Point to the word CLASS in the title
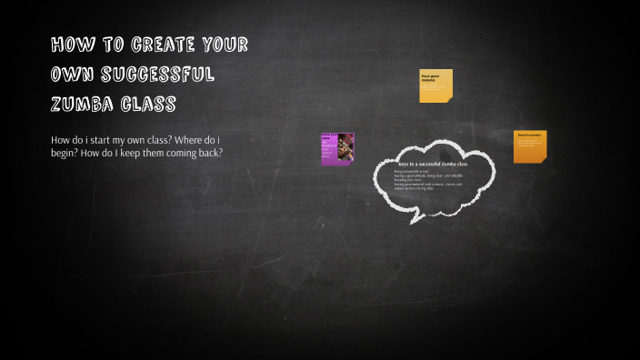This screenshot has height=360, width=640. [x=148, y=105]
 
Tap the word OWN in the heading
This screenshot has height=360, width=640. [x=69, y=75]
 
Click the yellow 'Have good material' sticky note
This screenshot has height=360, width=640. [x=435, y=85]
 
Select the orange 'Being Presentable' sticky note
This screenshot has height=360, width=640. [x=530, y=146]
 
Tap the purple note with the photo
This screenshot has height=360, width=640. [x=337, y=149]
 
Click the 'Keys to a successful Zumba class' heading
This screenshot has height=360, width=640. [x=433, y=164]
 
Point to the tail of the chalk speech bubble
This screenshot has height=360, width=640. [x=415, y=216]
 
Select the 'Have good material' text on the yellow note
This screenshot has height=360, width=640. [x=428, y=77]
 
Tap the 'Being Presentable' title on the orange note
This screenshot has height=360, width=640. [x=529, y=135]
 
